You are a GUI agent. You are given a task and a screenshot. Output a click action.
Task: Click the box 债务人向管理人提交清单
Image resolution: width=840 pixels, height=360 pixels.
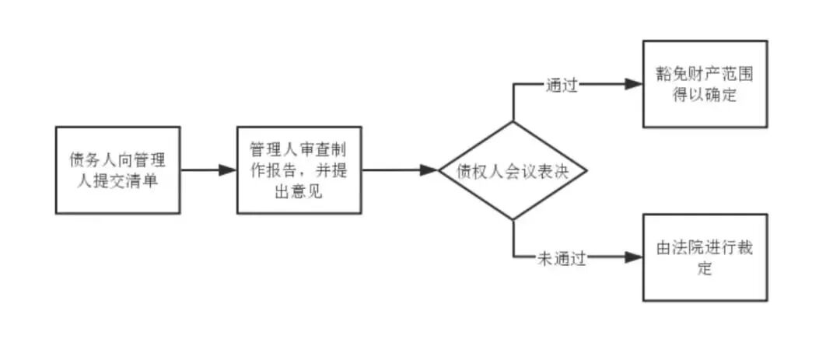point(117,170)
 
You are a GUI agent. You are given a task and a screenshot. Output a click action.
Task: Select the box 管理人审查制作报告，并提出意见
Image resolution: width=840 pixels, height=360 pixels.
point(299,170)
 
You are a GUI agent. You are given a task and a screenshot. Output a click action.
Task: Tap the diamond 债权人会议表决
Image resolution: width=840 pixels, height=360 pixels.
point(513,171)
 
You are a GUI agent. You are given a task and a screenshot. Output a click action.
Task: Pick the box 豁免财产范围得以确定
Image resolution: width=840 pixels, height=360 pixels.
point(705,84)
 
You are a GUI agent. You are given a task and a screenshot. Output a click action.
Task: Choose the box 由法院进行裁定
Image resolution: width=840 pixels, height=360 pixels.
point(705,257)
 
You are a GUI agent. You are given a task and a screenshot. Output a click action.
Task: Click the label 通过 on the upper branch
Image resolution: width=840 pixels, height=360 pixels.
point(561,85)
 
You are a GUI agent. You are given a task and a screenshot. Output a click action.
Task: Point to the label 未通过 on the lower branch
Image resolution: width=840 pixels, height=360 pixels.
point(561,258)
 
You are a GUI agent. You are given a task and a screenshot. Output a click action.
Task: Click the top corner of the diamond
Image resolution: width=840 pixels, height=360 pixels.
point(513,122)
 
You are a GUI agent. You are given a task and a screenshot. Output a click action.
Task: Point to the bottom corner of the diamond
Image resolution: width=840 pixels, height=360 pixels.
point(513,220)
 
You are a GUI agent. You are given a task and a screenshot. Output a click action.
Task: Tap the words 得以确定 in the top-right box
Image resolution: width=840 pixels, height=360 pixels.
point(705,94)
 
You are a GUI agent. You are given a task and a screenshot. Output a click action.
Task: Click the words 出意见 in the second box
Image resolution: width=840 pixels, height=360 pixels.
point(299,190)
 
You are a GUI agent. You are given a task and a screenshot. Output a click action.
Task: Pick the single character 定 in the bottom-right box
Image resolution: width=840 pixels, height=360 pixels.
point(705,269)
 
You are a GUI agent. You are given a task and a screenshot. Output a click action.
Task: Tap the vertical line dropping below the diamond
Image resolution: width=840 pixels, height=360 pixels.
point(513,239)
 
